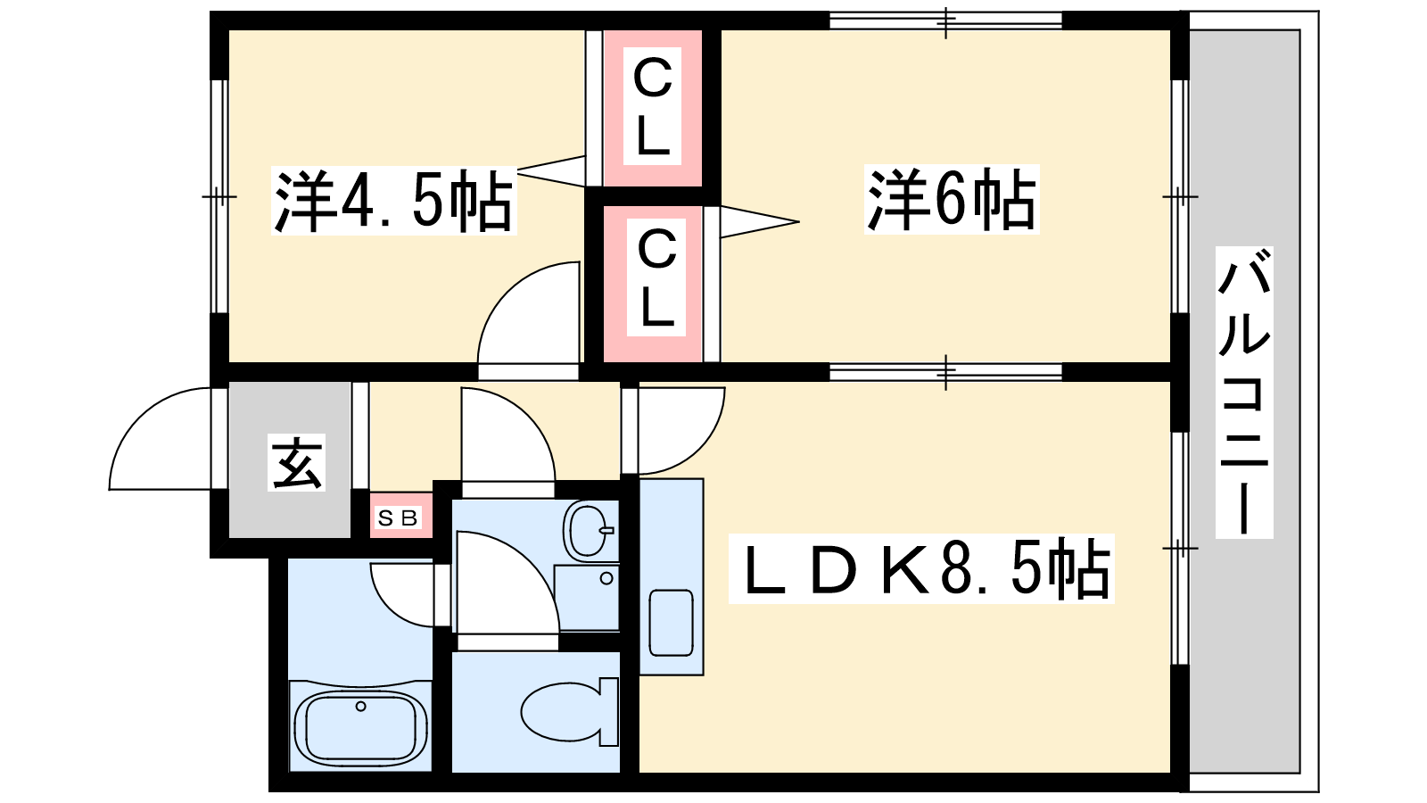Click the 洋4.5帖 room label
(x=393, y=200)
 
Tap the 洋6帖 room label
(x=951, y=199)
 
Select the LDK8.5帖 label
(x=921, y=568)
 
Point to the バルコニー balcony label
(x=1244, y=392)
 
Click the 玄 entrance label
(x=296, y=462)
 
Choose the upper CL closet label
(x=652, y=106)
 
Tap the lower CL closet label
(x=656, y=277)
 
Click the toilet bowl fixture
(x=569, y=711)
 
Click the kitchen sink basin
(x=671, y=623)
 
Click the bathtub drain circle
(x=360, y=706)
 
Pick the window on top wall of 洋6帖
(x=946, y=21)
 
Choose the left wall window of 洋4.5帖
(x=219, y=196)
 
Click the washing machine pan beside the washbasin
(x=586, y=597)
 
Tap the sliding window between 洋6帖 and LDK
(x=946, y=371)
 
